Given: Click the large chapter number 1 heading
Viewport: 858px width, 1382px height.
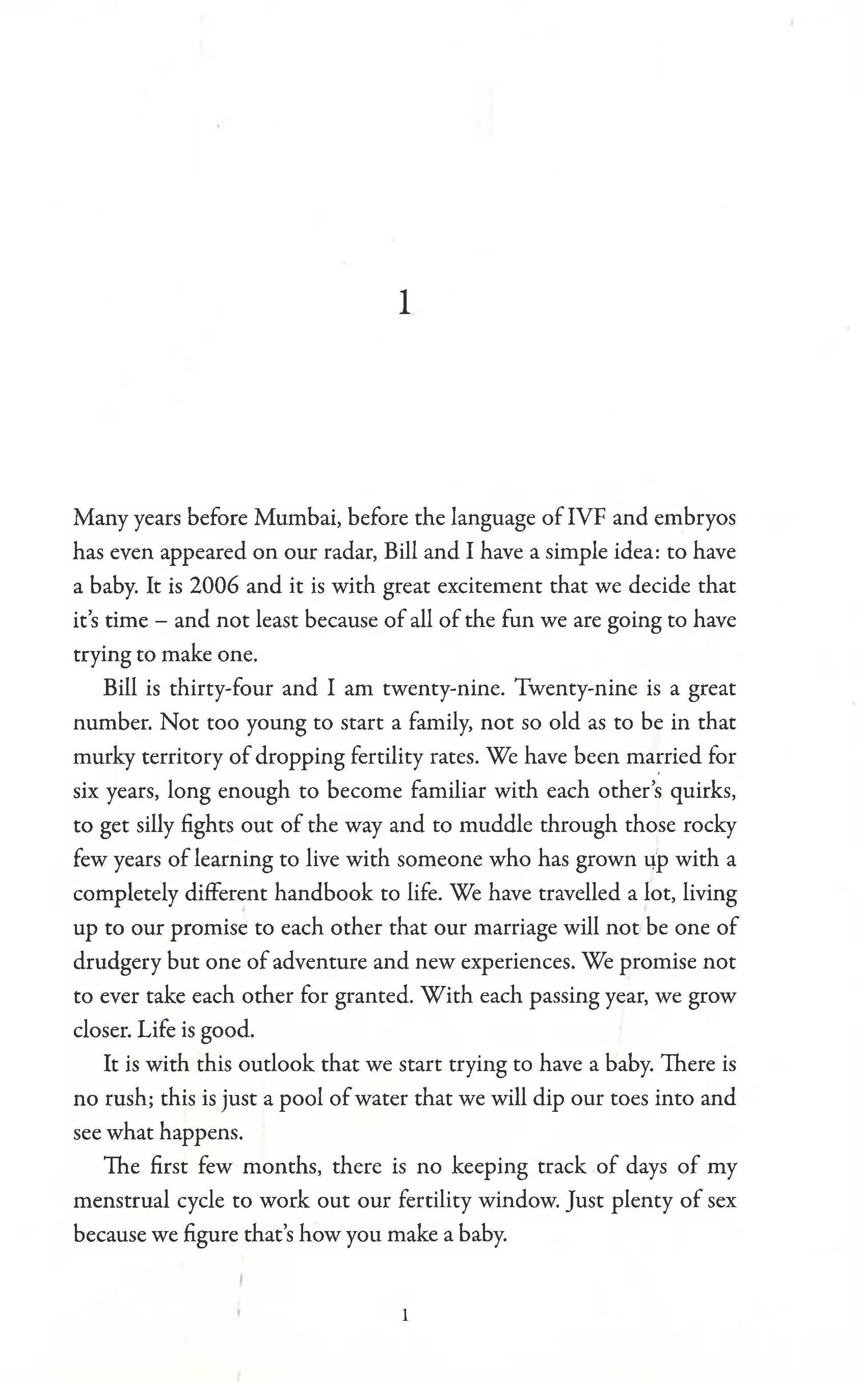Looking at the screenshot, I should point(404,304).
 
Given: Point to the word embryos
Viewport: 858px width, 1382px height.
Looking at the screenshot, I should point(694,517).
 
